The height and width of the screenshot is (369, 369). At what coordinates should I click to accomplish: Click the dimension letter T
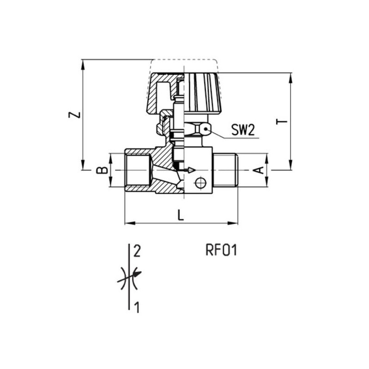click(282, 121)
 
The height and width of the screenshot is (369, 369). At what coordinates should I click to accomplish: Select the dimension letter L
click(180, 215)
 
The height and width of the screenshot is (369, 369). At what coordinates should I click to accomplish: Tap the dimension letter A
click(259, 170)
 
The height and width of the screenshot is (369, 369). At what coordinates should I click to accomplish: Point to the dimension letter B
click(102, 170)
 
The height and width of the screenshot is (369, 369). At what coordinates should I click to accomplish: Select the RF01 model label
click(221, 250)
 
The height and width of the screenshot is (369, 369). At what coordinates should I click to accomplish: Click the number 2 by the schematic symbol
click(137, 251)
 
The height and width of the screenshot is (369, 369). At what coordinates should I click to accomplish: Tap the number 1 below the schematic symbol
click(137, 307)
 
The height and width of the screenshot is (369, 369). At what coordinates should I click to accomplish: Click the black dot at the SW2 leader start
click(206, 129)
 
